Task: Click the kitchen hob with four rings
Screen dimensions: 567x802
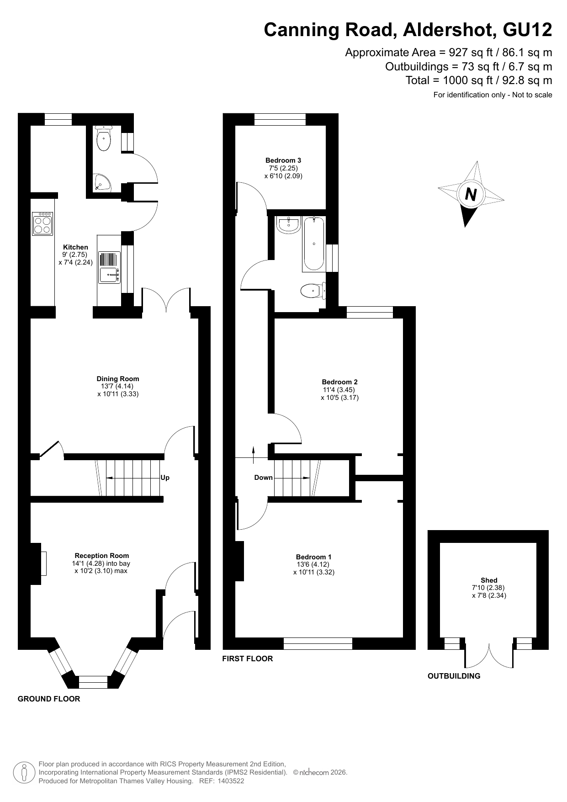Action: (x=42, y=223)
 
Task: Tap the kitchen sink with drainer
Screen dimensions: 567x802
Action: (x=110, y=267)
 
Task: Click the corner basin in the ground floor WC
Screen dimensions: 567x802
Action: (x=101, y=183)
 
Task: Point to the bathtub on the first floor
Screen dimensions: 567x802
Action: (x=314, y=244)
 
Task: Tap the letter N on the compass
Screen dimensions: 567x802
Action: (x=471, y=195)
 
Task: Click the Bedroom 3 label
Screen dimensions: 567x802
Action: (x=283, y=160)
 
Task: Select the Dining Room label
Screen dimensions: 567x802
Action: (x=118, y=379)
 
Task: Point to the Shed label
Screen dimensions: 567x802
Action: (x=489, y=580)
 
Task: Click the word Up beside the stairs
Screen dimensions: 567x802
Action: (x=165, y=478)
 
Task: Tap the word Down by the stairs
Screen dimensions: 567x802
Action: (x=263, y=478)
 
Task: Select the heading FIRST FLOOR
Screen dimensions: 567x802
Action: (x=248, y=659)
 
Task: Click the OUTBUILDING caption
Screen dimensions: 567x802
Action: (x=454, y=676)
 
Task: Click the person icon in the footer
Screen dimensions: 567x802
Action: (x=24, y=773)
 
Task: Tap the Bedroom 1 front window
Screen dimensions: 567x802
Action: (x=318, y=643)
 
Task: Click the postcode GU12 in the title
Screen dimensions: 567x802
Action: (x=527, y=30)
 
